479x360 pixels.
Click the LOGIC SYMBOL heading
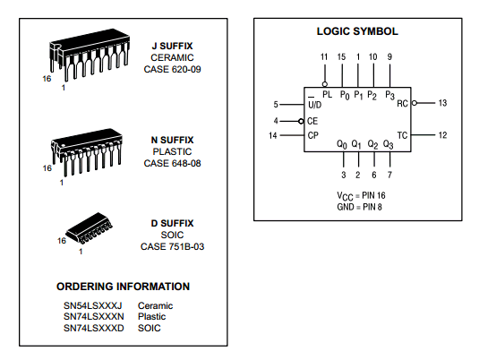click(x=357, y=31)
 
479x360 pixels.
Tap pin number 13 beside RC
click(x=442, y=103)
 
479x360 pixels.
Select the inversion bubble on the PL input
click(x=325, y=84)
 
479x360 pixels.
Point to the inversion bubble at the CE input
click(x=301, y=121)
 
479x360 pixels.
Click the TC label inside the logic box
click(x=402, y=135)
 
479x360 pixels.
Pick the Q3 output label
click(x=388, y=144)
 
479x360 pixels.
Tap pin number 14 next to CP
click(x=273, y=135)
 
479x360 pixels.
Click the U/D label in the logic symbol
click(x=314, y=105)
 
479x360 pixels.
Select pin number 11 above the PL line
click(x=324, y=56)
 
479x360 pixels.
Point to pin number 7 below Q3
click(x=389, y=175)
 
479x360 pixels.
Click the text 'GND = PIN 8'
click(x=360, y=207)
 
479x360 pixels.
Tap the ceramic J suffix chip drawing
click(x=90, y=55)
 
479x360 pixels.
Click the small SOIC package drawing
click(x=90, y=228)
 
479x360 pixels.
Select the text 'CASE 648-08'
click(x=172, y=163)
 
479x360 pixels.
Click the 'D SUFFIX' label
click(x=172, y=223)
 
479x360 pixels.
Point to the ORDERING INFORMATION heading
click(x=124, y=287)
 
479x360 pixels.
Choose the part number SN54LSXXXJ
click(x=93, y=305)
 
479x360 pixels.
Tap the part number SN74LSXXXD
click(x=94, y=328)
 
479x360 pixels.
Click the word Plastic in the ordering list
click(x=152, y=317)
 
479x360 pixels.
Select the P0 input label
click(x=345, y=95)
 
